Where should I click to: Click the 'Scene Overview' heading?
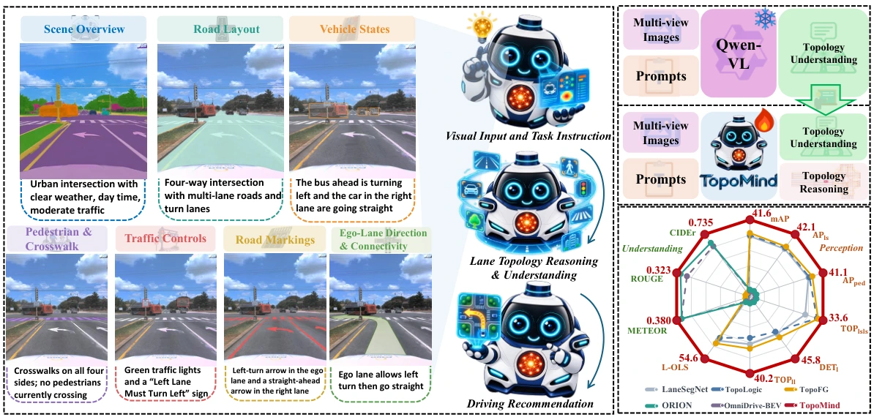(83, 29)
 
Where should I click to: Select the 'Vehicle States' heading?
(351, 29)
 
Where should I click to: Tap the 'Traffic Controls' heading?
(165, 239)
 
